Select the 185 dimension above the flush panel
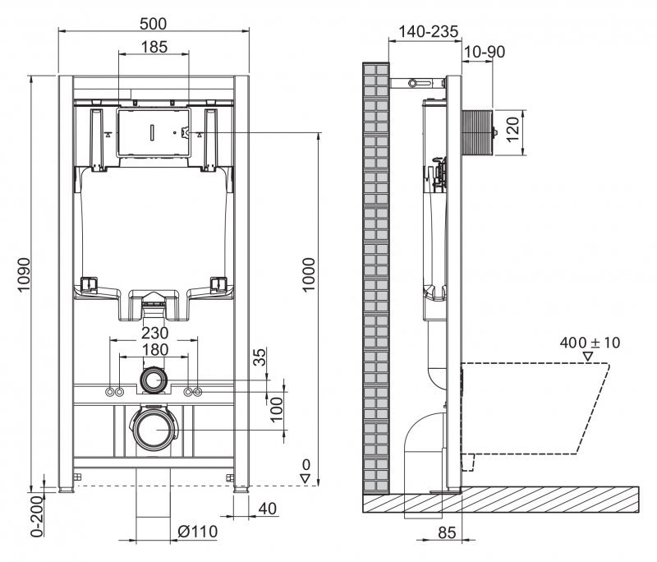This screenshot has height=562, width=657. (154, 47)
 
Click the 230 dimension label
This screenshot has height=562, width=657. (154, 334)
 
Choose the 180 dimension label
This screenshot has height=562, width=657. (154, 350)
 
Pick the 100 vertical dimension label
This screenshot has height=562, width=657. (276, 407)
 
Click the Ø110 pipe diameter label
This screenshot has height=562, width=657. (197, 532)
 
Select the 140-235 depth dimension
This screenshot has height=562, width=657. (427, 31)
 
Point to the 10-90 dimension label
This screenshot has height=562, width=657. (484, 52)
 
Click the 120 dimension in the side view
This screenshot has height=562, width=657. (514, 130)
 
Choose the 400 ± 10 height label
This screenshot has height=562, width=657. (589, 342)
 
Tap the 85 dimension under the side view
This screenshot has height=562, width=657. (446, 532)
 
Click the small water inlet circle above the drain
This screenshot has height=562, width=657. (154, 380)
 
